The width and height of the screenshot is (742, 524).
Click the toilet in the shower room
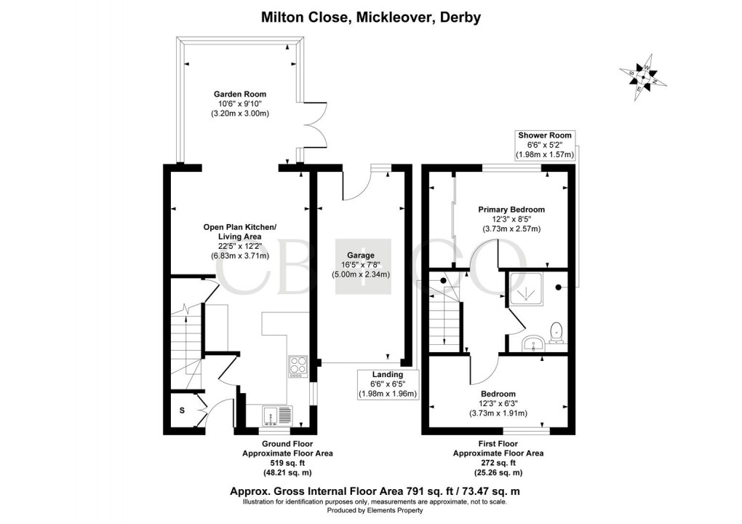557,331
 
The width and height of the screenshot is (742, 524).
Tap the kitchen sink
276,416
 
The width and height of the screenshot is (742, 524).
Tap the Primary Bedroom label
511,210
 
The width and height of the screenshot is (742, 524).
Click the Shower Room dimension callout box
544,145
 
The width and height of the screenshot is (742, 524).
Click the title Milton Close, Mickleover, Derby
371,17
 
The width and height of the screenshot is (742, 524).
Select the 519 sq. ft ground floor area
287,462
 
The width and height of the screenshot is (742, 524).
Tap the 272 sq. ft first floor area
498,462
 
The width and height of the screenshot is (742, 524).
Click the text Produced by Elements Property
371,510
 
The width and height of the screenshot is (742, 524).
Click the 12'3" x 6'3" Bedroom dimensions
498,404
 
